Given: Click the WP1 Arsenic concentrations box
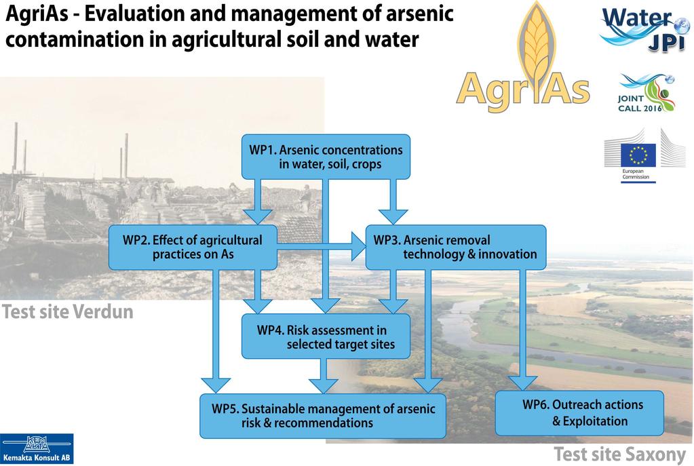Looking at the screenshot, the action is click(x=326, y=157).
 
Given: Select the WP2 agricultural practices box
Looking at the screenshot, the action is click(x=193, y=248).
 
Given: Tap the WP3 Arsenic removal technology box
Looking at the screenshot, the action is click(x=456, y=248).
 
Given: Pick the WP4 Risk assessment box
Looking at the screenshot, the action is click(x=326, y=336).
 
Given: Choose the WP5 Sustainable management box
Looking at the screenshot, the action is click(x=323, y=416).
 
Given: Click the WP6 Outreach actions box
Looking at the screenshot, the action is click(x=579, y=413).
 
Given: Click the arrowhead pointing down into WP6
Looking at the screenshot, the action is click(x=523, y=383).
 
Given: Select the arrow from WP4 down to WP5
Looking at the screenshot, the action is click(x=324, y=376).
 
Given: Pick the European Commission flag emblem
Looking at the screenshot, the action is click(x=638, y=155).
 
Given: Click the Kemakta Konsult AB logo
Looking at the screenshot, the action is click(x=37, y=449).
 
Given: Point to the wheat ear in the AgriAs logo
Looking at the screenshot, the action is click(x=537, y=47).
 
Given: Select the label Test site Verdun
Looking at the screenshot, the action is click(x=68, y=312).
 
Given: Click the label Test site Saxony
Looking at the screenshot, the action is click(x=619, y=454).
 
